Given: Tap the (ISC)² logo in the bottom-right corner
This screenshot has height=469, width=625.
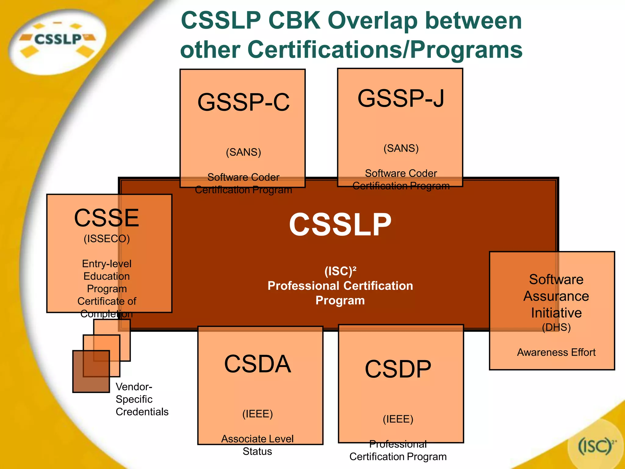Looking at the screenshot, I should pyautogui.click(x=595, y=446).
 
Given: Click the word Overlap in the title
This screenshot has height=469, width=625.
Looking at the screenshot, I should pyautogui.click(x=373, y=21).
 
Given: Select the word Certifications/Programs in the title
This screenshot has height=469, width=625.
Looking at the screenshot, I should pyautogui.click(x=385, y=49).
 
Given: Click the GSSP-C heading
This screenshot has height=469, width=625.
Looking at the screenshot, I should pyautogui.click(x=243, y=102).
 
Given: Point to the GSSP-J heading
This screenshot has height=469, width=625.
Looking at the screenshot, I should pyautogui.click(x=401, y=98).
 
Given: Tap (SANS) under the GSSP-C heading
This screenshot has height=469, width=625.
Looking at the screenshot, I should pyautogui.click(x=243, y=152).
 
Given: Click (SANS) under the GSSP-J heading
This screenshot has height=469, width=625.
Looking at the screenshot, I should pyautogui.click(x=401, y=148).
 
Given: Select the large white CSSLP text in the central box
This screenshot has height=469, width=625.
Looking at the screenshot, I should pyautogui.click(x=340, y=225).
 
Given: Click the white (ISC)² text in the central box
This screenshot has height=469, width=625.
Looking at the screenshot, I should pyautogui.click(x=340, y=271).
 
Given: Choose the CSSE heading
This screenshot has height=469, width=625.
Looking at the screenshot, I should pyautogui.click(x=107, y=218).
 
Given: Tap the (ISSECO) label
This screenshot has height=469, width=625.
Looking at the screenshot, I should pyautogui.click(x=107, y=238).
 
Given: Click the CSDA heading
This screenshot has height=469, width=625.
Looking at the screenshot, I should pyautogui.click(x=257, y=364).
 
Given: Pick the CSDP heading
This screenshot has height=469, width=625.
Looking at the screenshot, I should pyautogui.click(x=398, y=369).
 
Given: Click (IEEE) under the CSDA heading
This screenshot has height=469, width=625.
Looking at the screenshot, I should pyautogui.click(x=257, y=414).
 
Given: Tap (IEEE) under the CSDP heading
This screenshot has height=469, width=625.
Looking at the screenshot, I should pyautogui.click(x=398, y=419).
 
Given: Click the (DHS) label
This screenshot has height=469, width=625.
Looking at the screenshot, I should pyautogui.click(x=556, y=327).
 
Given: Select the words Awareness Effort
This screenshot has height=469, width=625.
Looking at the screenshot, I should pyautogui.click(x=556, y=352).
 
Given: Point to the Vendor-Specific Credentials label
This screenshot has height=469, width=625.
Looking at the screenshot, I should pyautogui.click(x=142, y=399).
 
